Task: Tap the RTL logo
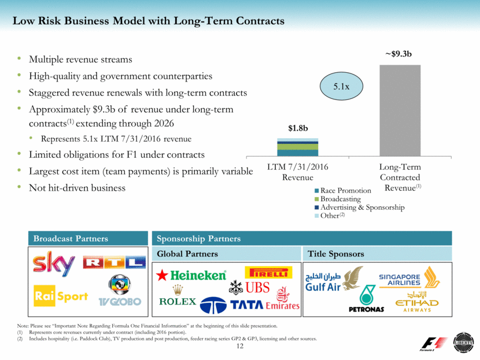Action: [114, 263]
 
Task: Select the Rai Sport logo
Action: [61, 296]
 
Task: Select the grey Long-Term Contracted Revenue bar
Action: [400, 110]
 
